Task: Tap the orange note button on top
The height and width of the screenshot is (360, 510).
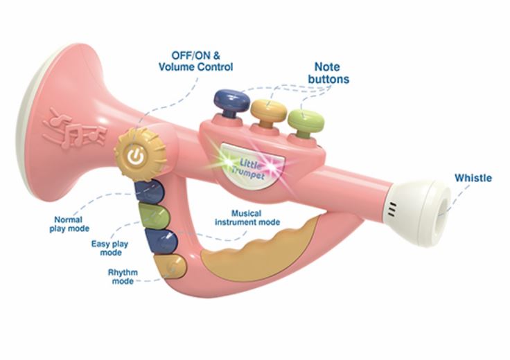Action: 269,111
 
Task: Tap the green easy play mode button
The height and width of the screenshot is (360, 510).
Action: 154,216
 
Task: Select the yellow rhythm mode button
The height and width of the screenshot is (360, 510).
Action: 170,267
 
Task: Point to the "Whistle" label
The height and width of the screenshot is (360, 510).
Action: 473,178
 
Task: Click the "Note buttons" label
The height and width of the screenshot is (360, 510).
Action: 328,73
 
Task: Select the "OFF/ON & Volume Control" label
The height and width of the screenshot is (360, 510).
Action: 196,61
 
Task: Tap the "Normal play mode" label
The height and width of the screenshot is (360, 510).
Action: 69,224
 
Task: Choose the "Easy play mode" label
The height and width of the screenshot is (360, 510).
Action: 109,249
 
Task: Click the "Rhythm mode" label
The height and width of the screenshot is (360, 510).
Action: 123,276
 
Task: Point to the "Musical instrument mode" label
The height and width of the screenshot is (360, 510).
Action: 247,217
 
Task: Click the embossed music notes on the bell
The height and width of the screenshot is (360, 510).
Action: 74,129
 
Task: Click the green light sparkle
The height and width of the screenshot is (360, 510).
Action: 227,161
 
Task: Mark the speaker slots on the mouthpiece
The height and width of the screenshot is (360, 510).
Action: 393,210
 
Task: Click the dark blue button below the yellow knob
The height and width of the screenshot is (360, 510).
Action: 150,192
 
